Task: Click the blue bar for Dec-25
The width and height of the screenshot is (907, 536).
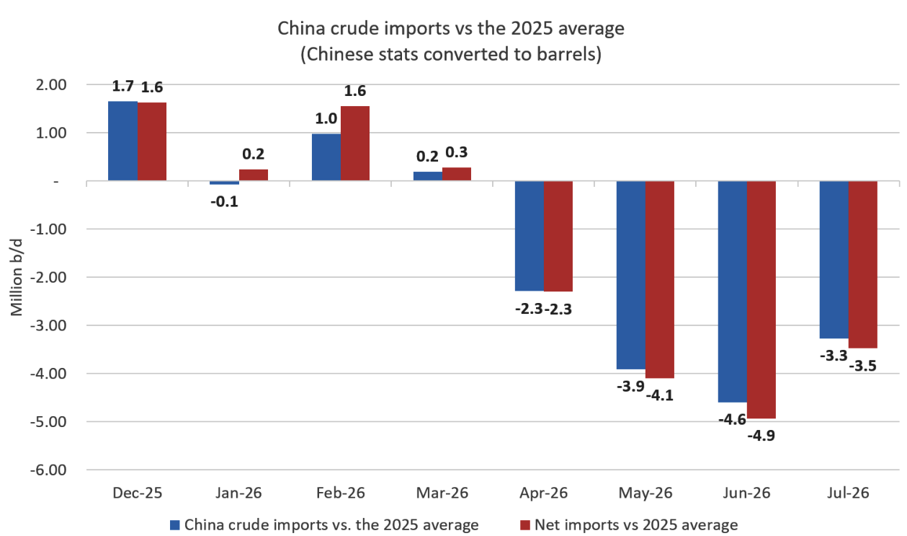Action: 122,141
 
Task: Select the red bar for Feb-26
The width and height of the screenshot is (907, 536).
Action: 355,143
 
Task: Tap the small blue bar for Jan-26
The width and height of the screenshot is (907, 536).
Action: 224,183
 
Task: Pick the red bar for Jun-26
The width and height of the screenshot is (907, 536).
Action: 761,299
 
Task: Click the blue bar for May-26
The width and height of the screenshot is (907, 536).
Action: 631,275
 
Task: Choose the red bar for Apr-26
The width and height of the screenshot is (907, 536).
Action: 558,236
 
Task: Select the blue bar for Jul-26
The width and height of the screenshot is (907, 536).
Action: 834,260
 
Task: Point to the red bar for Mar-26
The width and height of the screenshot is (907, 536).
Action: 457,174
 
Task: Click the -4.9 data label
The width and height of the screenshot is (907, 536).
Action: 761,436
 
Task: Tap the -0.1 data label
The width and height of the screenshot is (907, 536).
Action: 224,201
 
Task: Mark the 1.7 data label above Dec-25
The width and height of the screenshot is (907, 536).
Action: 122,86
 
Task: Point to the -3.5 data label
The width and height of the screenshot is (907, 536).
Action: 863,366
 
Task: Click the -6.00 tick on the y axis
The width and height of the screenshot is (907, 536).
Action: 48,470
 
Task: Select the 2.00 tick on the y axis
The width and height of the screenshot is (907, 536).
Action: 51,85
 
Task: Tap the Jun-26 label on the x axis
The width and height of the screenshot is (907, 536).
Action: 746,493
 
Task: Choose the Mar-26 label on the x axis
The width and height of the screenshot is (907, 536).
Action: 442,493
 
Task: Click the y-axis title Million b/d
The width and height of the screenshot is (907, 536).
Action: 16,278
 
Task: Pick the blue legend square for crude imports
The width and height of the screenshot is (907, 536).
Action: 174,525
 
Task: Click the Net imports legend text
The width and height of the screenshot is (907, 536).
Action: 636,524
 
